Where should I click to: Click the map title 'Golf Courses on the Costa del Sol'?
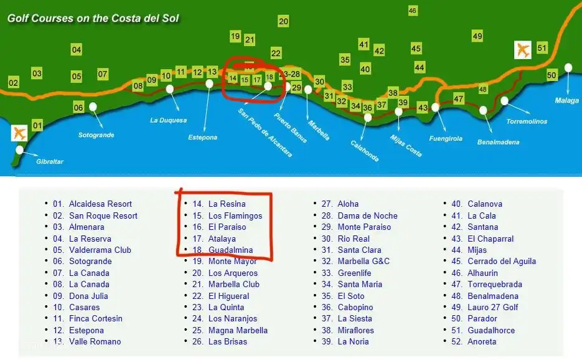click(x=93, y=18)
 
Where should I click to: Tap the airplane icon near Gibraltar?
click(x=20, y=133)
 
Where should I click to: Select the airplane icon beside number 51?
click(x=523, y=50)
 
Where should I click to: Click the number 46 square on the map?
click(x=413, y=11)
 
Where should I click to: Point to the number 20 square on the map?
click(x=283, y=21)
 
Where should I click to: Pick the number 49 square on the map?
click(x=477, y=36)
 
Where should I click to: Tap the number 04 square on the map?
click(x=77, y=50)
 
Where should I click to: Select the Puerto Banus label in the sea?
click(x=291, y=128)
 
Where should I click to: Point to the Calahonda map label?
click(x=365, y=149)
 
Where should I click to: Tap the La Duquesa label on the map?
click(x=168, y=120)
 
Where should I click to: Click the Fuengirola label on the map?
click(x=446, y=138)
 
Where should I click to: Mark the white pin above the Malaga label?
click(x=568, y=67)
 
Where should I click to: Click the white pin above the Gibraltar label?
click(x=19, y=149)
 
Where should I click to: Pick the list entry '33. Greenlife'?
click(x=354, y=273)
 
